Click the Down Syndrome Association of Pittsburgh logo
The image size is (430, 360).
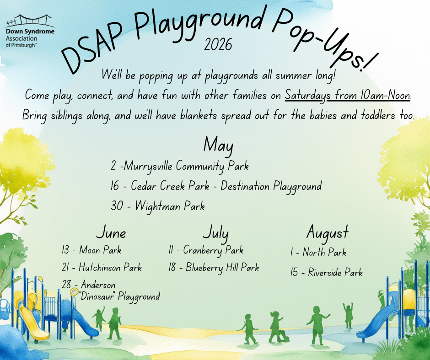pyautogui.click(x=30, y=31)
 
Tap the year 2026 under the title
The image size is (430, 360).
pyautogui.click(x=218, y=45)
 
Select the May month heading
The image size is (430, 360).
pyautogui.click(x=218, y=145)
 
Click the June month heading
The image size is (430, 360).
pyautogui.click(x=111, y=233)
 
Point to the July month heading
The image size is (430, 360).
pyautogui.click(x=215, y=233)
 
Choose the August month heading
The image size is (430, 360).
pyautogui.click(x=328, y=233)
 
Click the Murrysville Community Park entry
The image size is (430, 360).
pyautogui.click(x=180, y=166)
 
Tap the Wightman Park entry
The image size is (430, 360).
pyautogui.click(x=158, y=206)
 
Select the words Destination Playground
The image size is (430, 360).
pyautogui.click(x=271, y=186)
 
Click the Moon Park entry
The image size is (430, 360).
pyautogui.click(x=91, y=250)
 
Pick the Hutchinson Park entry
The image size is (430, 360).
pyautogui.click(x=102, y=267)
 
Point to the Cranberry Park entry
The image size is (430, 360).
pyautogui.click(x=206, y=250)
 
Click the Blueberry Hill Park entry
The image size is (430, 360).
pyautogui.click(x=214, y=267)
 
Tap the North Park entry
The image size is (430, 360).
pyautogui.click(x=318, y=252)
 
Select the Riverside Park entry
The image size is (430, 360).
pyautogui.click(x=326, y=272)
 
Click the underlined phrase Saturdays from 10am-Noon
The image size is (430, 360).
pyautogui.click(x=348, y=95)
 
